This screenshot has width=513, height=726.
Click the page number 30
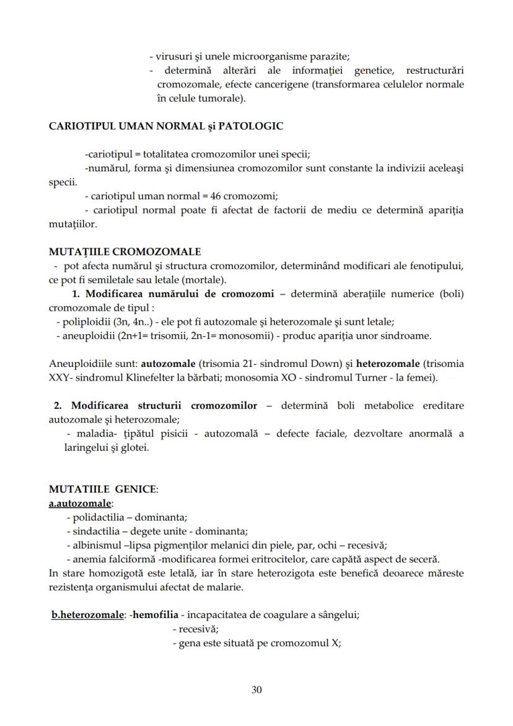point(256,689)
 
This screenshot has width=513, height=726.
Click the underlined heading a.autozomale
point(81,503)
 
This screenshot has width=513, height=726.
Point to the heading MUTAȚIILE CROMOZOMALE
point(125,252)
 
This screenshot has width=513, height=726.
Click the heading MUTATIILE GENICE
point(103,489)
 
